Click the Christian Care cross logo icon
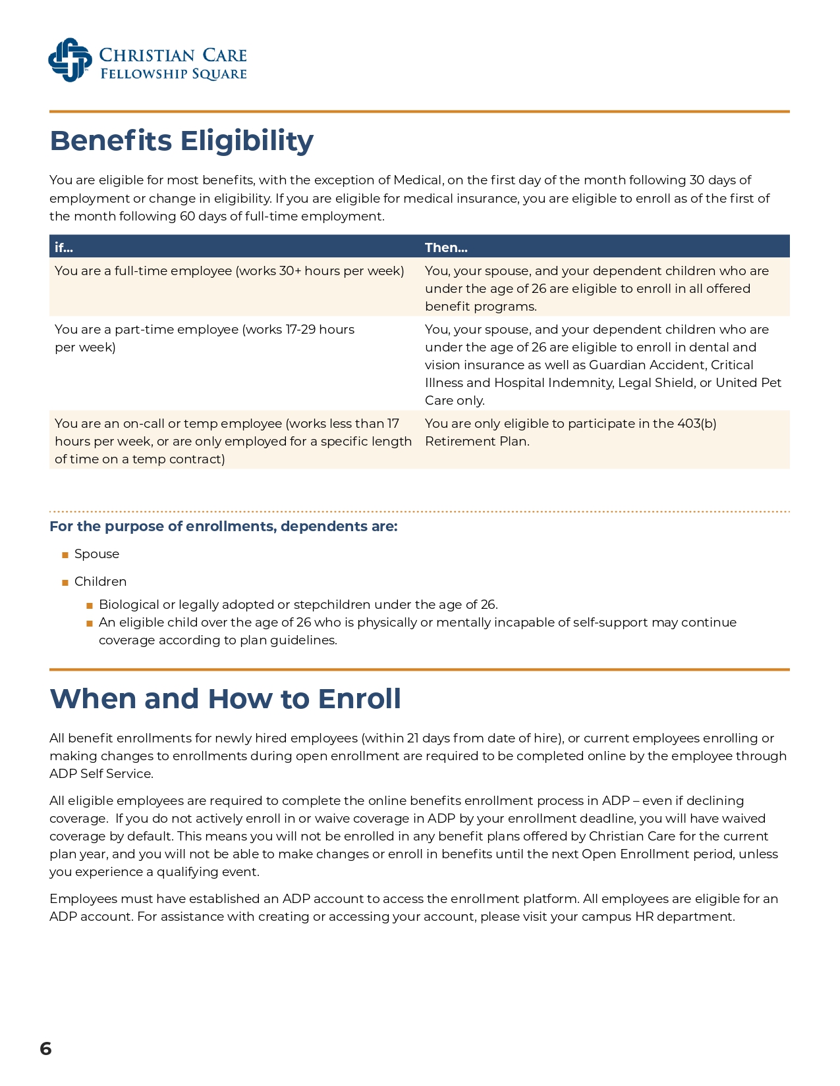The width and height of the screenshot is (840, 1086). point(70,60)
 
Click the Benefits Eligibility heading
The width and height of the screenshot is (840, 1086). point(182,141)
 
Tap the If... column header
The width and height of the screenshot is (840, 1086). point(64,247)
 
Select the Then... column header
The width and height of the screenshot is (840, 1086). point(446,247)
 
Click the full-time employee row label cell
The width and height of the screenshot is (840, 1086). point(229,271)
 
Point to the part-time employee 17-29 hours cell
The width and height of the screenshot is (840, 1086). point(204,338)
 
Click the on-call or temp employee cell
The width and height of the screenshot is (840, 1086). point(233,441)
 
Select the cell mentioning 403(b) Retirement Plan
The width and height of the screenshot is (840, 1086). point(571,432)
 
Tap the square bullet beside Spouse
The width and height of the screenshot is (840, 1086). point(65,555)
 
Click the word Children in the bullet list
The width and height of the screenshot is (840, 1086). point(100,582)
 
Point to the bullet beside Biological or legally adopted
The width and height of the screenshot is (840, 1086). point(90,606)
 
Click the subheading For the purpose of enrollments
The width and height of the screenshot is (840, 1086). point(223,527)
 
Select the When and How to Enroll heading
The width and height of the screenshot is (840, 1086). point(225,699)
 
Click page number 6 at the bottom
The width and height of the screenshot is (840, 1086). point(45,1048)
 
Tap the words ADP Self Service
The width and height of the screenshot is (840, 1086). point(101,774)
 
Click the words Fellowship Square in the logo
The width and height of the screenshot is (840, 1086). point(173,74)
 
